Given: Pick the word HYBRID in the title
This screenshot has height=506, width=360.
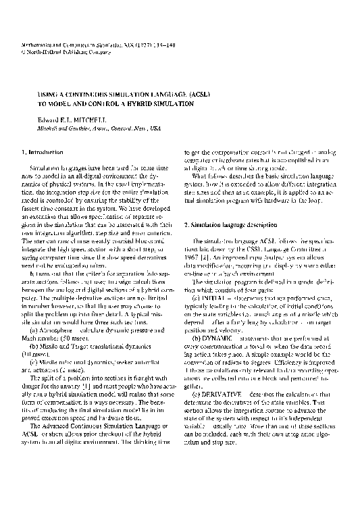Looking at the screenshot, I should [147, 105].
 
